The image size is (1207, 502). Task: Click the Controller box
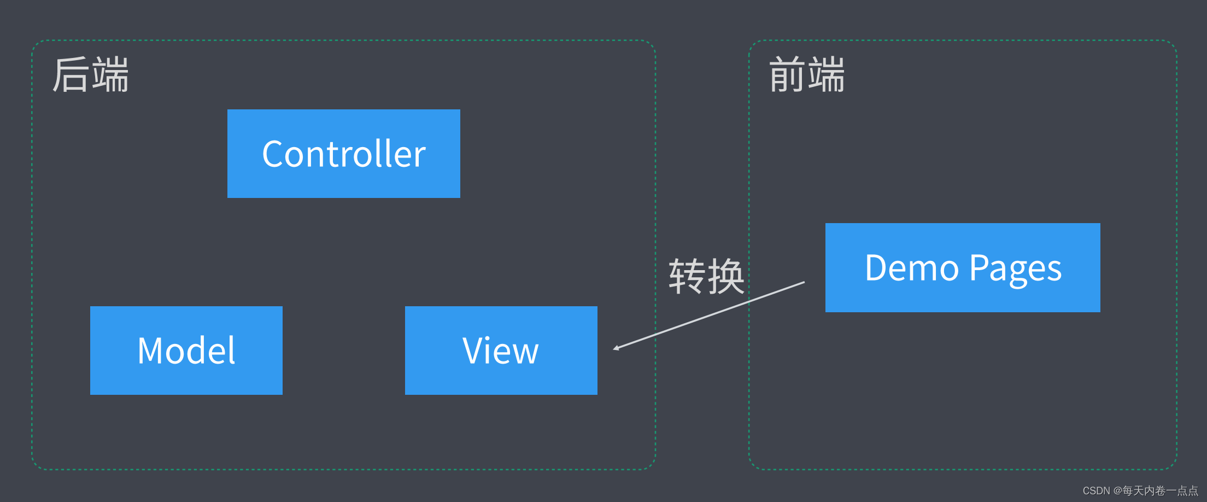343,154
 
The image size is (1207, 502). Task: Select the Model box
186,351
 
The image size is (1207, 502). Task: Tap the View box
501,351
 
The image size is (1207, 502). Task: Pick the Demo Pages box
962,267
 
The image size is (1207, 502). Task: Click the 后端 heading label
91,75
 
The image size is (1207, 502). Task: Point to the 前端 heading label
807,75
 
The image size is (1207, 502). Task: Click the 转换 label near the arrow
706,276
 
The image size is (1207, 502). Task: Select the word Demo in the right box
912,268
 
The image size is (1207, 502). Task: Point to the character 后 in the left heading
71,75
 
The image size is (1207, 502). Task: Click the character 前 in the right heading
787,75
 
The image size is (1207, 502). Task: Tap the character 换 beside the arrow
726,276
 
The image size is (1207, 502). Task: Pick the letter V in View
473,351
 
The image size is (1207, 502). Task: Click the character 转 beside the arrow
687,276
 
